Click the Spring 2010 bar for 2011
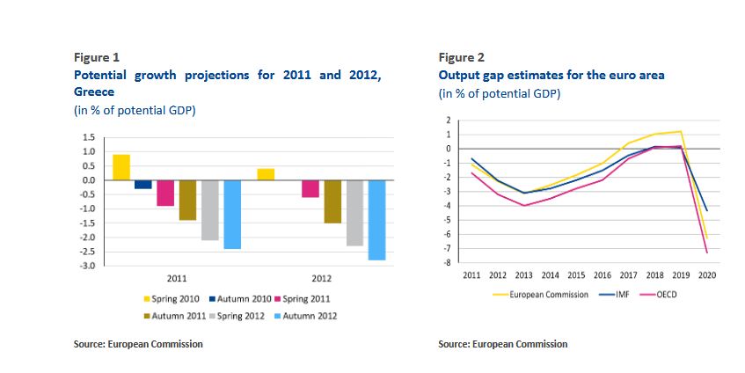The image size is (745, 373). (x=121, y=167)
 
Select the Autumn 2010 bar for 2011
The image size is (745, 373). (x=142, y=184)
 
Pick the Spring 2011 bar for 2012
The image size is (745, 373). (x=310, y=188)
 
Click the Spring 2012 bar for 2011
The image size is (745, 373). (x=209, y=210)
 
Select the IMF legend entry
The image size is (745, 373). (x=617, y=294)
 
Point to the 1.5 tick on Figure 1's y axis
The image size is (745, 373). (x=89, y=138)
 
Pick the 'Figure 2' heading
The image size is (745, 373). (x=462, y=58)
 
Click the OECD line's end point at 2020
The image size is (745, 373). (x=707, y=253)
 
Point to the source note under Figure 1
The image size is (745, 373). (x=138, y=344)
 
